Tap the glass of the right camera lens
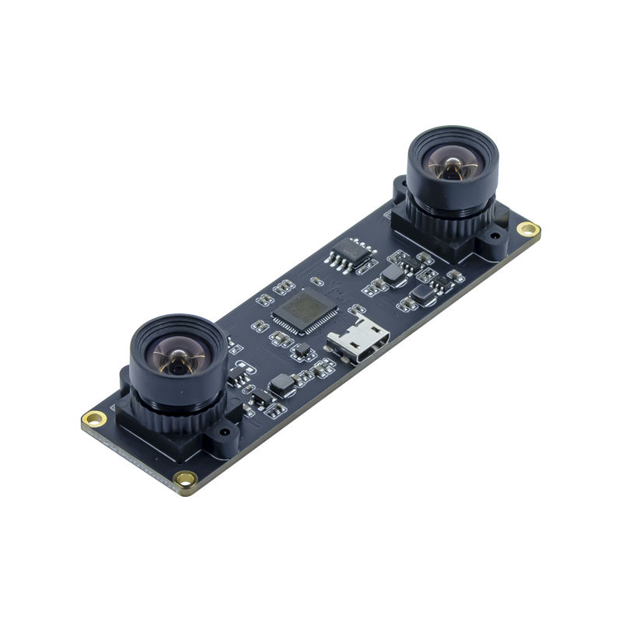(450, 166)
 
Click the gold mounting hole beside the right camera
(529, 229)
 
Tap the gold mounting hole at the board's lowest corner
(185, 479)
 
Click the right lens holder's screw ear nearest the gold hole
(494, 237)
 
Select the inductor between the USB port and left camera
(282, 384)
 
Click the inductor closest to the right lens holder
(422, 293)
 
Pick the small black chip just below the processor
(301, 351)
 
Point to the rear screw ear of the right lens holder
(400, 187)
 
